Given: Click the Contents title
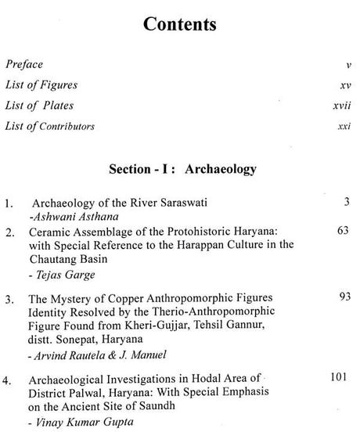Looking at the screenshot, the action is (180, 24).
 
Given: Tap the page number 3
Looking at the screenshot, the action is (345, 202).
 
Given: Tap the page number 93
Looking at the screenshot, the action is (342, 298).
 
